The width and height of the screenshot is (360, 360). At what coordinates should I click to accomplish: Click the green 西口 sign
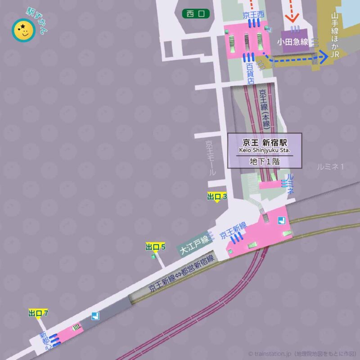[x=196, y=14]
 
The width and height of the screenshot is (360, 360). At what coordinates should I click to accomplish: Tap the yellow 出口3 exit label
[x=217, y=197]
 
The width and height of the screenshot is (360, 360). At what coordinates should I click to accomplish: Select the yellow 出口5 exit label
[x=156, y=247]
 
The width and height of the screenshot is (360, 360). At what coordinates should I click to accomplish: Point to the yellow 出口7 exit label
[x=38, y=313]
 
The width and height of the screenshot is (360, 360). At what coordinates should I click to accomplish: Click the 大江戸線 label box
[x=193, y=245]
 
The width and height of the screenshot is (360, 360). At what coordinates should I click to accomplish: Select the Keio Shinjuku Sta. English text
[x=264, y=150]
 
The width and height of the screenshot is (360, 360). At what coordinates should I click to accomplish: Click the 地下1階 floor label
[x=264, y=162]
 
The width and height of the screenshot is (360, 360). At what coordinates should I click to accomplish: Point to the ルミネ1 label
[x=330, y=166]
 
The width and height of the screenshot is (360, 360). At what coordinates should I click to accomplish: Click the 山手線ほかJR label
[x=334, y=35]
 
